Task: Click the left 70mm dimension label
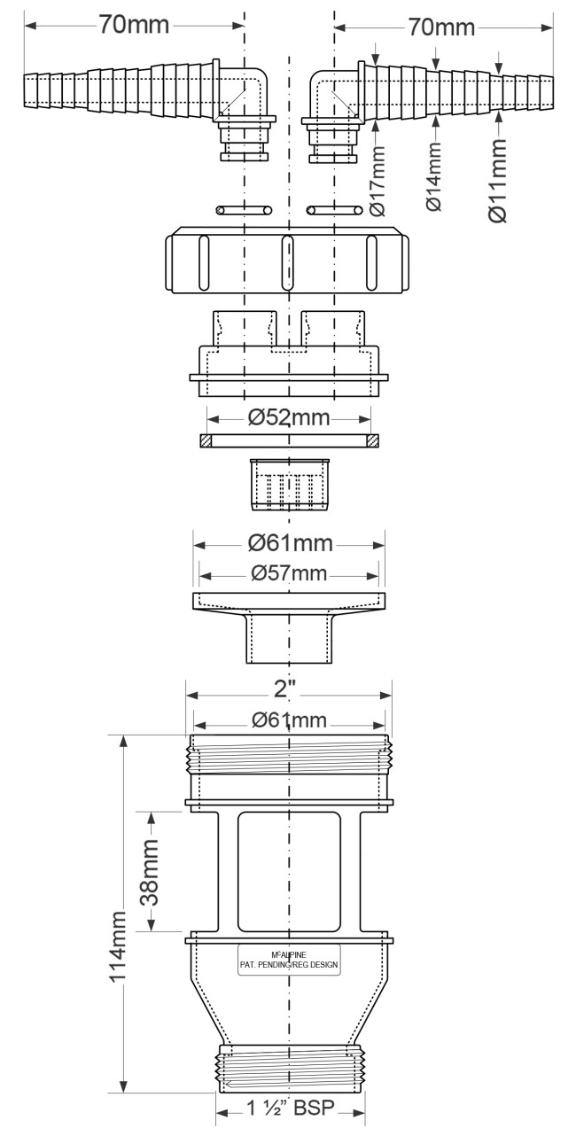pyautogui.click(x=134, y=24)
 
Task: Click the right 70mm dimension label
pyautogui.click(x=441, y=27)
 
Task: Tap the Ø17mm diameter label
pyautogui.click(x=378, y=181)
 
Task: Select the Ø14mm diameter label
pyautogui.click(x=434, y=175)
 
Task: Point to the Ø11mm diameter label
pyautogui.click(x=497, y=180)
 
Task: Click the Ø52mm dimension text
pyautogui.click(x=289, y=418)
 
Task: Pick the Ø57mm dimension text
pyautogui.click(x=289, y=573)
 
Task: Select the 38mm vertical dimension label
pyautogui.click(x=150, y=872)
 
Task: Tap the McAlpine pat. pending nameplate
pyautogui.click(x=289, y=960)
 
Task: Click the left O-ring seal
pyautogui.click(x=244, y=210)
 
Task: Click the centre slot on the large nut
pyautogui.click(x=287, y=261)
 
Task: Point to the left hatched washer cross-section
pyautogui.click(x=205, y=440)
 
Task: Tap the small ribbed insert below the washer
pyautogui.click(x=290, y=485)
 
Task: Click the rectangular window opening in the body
pyautogui.click(x=289, y=872)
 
